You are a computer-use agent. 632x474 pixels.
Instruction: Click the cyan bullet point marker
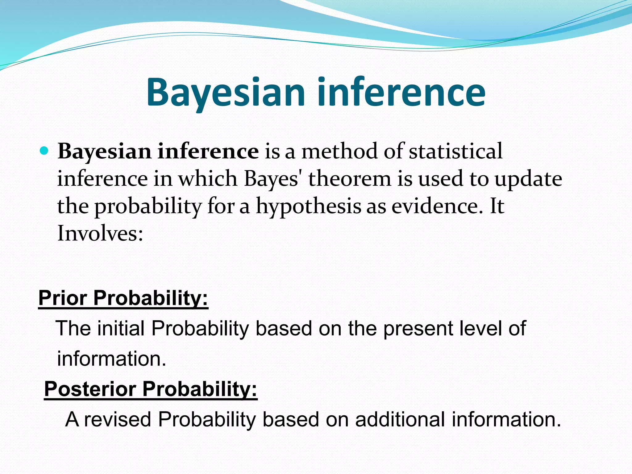click(44, 151)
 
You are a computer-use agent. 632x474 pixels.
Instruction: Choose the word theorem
click(350, 179)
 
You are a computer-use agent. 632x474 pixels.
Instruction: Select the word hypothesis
click(309, 207)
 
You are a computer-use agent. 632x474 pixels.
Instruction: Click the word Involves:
click(101, 233)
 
